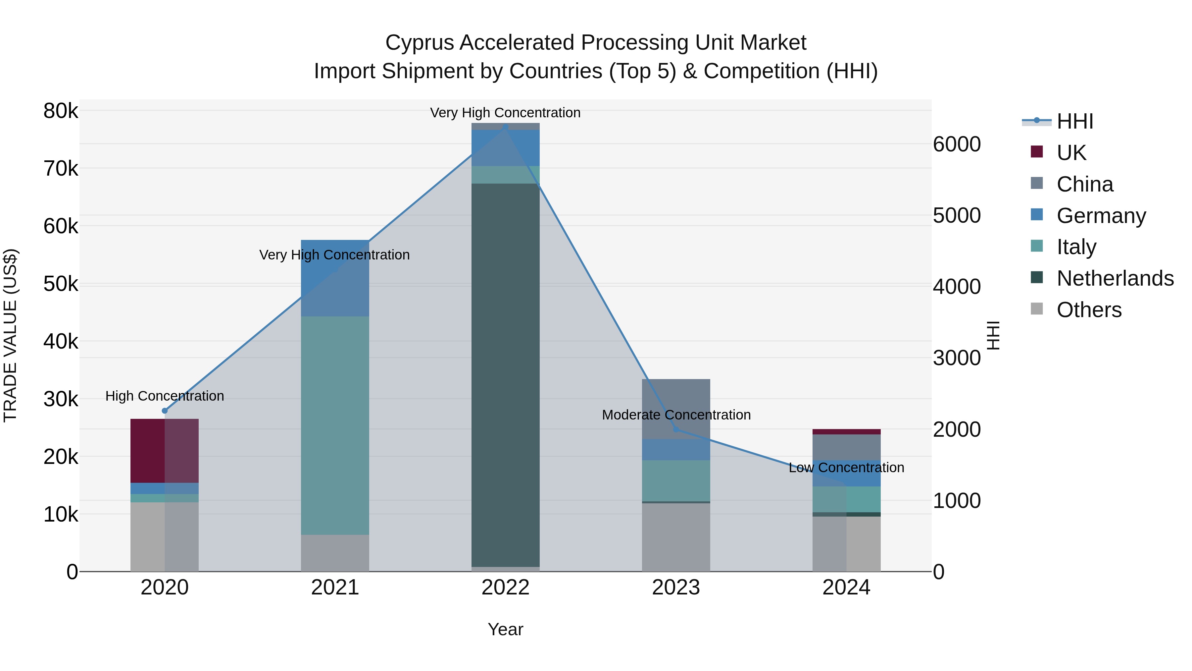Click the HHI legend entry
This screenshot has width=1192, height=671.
coord(1074,121)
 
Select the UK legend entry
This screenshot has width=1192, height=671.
coord(1071,153)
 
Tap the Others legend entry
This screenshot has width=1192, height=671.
coord(1089,310)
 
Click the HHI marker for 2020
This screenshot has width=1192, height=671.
coord(165,411)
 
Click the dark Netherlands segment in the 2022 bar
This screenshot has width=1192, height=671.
coord(505,370)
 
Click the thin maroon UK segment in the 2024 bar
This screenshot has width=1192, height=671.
coord(846,431)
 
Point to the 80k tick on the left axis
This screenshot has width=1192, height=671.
coord(61,111)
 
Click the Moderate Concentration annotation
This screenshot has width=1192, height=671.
coord(676,415)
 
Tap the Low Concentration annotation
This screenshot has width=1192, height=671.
coord(846,468)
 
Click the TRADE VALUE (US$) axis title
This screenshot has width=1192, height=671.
coord(10,336)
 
